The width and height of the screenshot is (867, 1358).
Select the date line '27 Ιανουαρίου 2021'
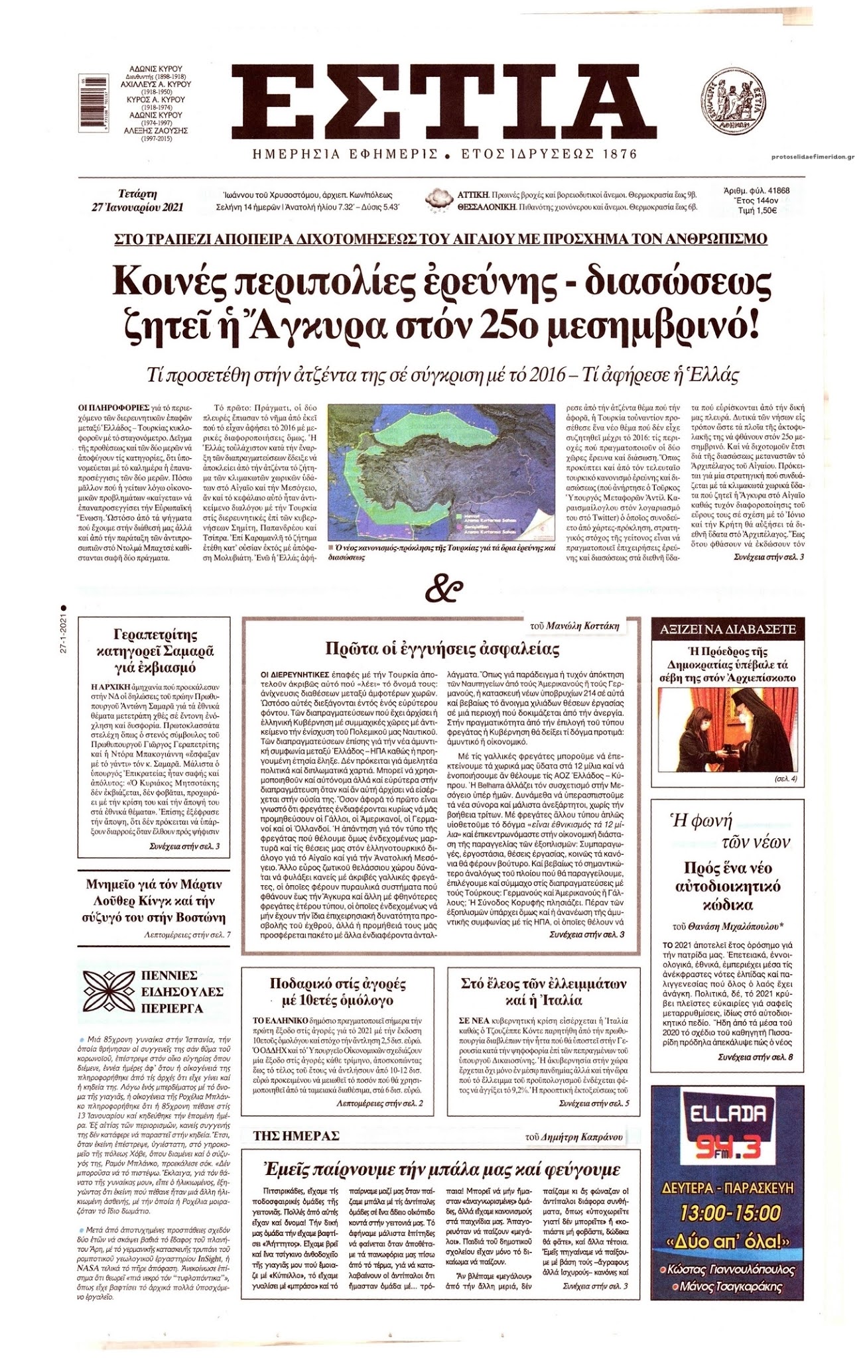138,207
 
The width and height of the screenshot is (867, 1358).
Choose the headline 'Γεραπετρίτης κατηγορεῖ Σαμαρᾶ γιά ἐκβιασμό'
153,651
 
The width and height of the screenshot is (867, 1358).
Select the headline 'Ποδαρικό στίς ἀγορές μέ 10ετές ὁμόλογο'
338,992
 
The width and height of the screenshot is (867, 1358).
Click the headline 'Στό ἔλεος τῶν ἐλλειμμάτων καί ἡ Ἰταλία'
543,992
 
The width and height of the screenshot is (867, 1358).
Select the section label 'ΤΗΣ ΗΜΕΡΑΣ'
297,1137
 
